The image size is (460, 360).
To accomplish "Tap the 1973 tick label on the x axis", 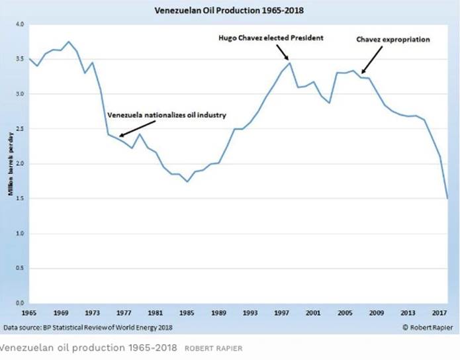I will coord(93,311).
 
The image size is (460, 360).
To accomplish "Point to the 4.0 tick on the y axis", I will coord(19,24).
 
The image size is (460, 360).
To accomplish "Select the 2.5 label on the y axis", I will coord(19,129).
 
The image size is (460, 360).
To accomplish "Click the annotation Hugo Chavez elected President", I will coord(271,38).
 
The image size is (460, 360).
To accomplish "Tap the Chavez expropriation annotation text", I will coord(393,40).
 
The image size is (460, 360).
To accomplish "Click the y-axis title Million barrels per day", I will coord(10,163).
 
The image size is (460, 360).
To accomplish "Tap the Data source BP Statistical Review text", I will coord(88,327).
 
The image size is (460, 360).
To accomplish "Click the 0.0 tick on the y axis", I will coord(19,303).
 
